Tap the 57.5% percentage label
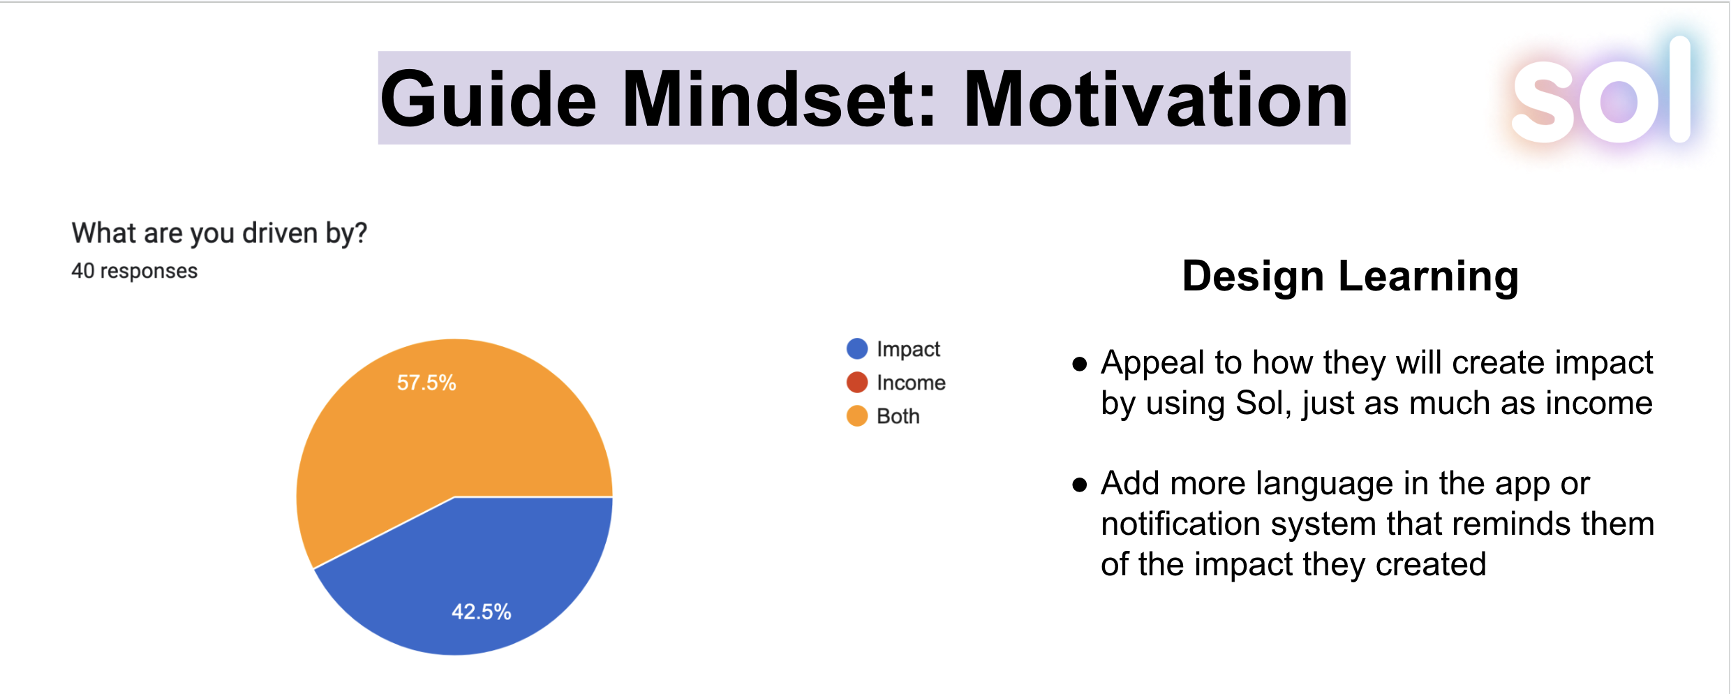tap(426, 383)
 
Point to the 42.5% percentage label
tap(482, 612)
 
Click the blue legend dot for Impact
tap(857, 348)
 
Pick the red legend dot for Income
tap(857, 382)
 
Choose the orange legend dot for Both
tap(857, 416)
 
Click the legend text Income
tap(911, 383)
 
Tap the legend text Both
tap(898, 416)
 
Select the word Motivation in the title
tap(1155, 100)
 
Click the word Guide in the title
tap(489, 100)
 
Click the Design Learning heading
tap(1351, 277)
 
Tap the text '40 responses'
tap(135, 271)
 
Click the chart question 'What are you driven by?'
tap(219, 233)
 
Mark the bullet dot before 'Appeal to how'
tap(1080, 364)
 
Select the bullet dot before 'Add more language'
tap(1080, 485)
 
